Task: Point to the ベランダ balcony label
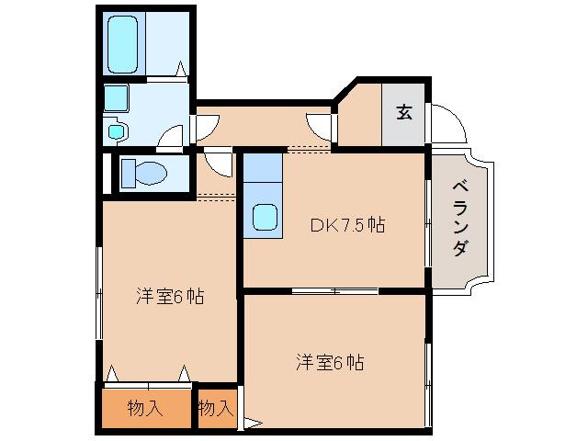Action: (462, 218)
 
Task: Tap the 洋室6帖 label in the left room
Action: (170, 297)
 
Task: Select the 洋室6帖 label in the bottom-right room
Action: (330, 362)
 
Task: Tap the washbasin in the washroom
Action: (115, 97)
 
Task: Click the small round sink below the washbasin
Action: (116, 131)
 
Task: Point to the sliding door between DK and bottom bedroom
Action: (334, 291)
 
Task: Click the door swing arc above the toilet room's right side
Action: (219, 162)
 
